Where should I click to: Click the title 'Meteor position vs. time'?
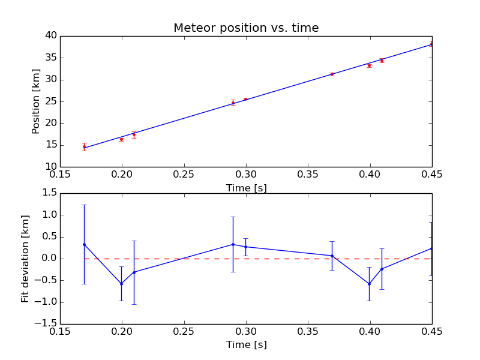click(246, 28)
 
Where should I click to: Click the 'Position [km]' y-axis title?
click(36, 101)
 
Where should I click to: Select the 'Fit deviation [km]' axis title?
click(25, 259)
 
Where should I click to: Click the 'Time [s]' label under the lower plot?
click(246, 345)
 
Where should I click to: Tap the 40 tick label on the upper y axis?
click(50, 36)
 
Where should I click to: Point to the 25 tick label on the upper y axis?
click(50, 101)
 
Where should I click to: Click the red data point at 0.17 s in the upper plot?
click(85, 146)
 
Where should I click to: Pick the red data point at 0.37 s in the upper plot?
click(332, 74)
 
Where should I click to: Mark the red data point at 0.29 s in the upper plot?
click(233, 103)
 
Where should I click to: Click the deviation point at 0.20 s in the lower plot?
click(122, 284)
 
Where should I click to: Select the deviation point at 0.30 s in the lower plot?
click(245, 247)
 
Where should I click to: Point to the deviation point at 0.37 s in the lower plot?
click(332, 256)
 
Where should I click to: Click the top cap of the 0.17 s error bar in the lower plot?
click(85, 205)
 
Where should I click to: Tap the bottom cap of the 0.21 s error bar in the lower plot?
click(134, 304)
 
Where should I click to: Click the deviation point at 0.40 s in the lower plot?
click(369, 284)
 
